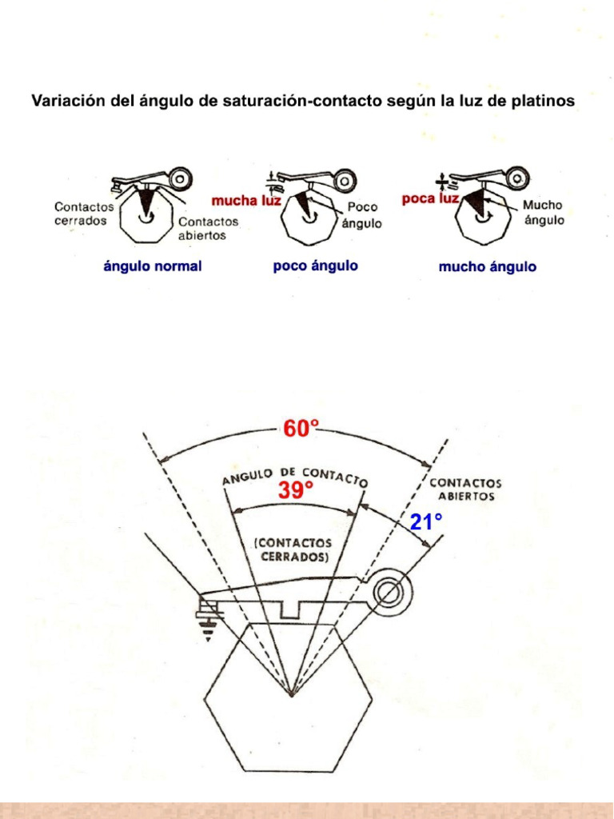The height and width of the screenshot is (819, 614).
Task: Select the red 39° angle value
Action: point(295,492)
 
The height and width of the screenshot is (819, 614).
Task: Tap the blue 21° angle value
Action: point(426,523)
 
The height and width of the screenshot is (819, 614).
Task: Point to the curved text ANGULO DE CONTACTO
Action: point(294,476)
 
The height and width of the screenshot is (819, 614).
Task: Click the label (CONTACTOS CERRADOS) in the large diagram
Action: point(292,551)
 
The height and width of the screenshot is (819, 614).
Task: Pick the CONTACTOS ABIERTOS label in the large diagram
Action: point(466,489)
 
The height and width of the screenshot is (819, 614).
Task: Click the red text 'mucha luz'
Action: point(245,200)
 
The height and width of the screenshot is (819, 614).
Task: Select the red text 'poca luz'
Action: point(430,198)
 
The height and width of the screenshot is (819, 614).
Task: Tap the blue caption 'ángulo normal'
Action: point(153,266)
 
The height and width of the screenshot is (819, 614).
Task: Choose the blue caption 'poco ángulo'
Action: point(316,266)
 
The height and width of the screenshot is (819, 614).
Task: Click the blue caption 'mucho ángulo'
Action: point(488,266)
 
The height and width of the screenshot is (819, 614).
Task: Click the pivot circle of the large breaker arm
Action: point(390,593)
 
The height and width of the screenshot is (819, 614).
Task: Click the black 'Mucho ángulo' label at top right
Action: point(544,213)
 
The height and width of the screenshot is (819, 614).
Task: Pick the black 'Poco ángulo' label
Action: point(361,215)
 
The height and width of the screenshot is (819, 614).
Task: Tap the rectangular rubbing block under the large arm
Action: point(294,610)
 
